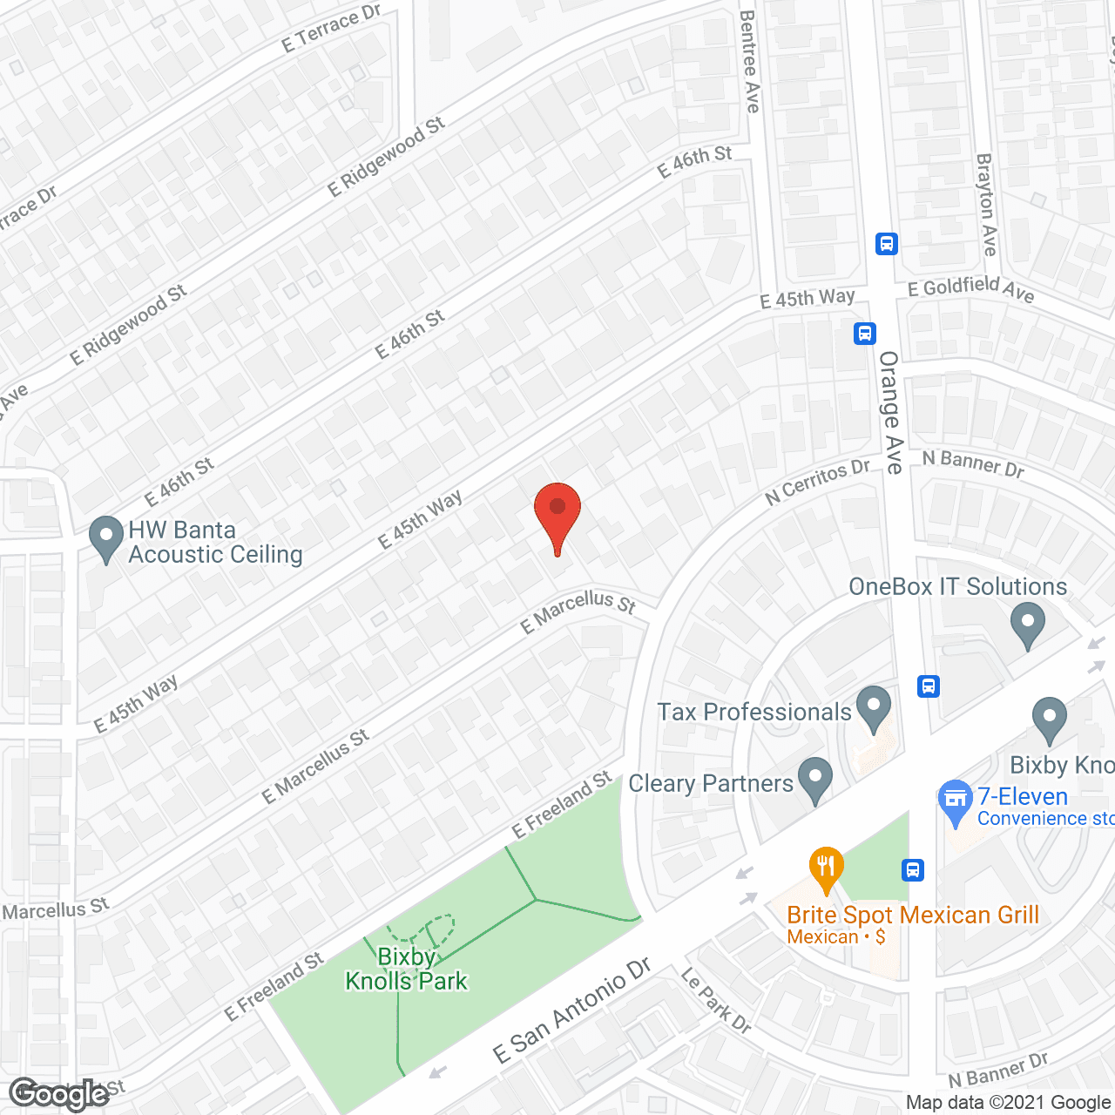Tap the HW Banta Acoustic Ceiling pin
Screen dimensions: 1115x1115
(x=106, y=538)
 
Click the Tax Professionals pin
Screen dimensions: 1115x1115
(x=874, y=708)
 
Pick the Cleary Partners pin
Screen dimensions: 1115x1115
(x=815, y=780)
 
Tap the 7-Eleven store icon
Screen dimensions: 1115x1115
(x=956, y=801)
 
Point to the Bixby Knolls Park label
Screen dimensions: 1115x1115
(x=407, y=969)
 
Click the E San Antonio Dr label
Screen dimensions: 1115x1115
(x=571, y=1011)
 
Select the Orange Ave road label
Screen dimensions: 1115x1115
(x=890, y=412)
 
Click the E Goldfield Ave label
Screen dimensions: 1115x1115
(x=970, y=288)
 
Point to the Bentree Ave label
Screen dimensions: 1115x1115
(x=749, y=61)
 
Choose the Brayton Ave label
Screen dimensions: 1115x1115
(x=986, y=205)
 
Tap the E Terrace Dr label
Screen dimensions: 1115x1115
(x=331, y=29)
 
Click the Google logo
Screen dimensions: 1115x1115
(x=58, y=1094)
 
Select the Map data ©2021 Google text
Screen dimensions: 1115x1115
(x=1009, y=1103)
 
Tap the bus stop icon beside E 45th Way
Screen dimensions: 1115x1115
(x=864, y=333)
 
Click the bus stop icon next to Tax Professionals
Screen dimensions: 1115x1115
(x=929, y=686)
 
